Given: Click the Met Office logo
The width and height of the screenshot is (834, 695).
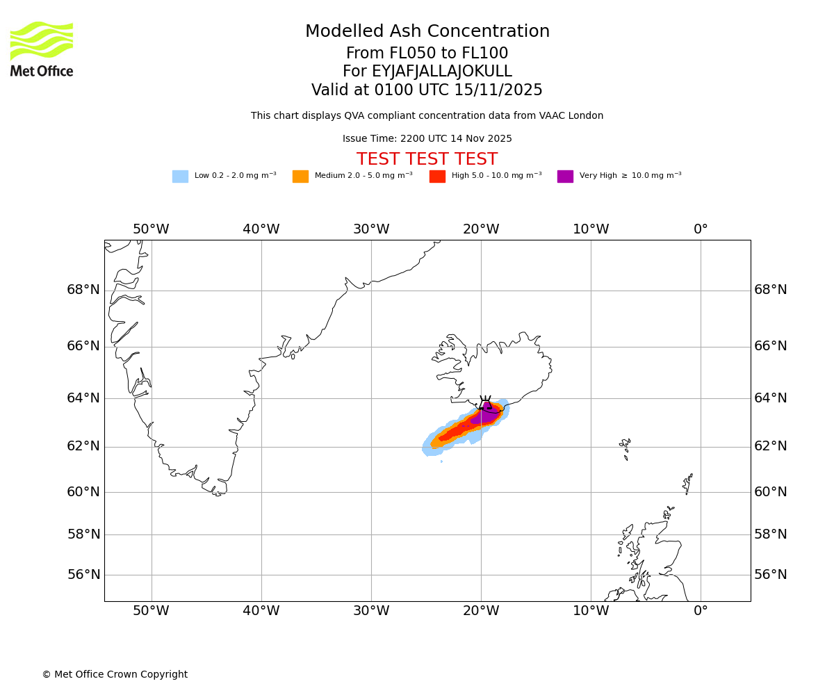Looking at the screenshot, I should pyautogui.click(x=42, y=49).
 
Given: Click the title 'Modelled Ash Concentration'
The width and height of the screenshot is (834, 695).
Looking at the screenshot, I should pyautogui.click(x=427, y=32).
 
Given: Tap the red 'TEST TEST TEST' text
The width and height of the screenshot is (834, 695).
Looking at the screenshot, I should pyautogui.click(x=427, y=160).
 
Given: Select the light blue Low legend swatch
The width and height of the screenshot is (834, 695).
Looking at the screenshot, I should pyautogui.click(x=180, y=177).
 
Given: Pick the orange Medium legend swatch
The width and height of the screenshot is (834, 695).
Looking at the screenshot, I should pyautogui.click(x=300, y=177).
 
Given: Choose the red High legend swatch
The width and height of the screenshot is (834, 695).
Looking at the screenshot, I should pyautogui.click(x=437, y=177).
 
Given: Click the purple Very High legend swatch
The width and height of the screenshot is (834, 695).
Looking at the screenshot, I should pyautogui.click(x=565, y=177).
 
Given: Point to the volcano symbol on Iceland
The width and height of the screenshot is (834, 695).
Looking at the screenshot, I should pyautogui.click(x=485, y=403).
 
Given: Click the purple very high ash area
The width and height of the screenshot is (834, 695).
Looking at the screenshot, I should pyautogui.click(x=485, y=415).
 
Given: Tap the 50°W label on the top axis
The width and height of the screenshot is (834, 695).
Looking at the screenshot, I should pyautogui.click(x=151, y=229).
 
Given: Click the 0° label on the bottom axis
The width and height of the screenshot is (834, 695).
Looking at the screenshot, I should pyautogui.click(x=701, y=611).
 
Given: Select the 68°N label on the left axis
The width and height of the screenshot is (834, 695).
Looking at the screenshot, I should pyautogui.click(x=83, y=290).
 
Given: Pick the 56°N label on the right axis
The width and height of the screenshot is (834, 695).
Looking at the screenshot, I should pyautogui.click(x=771, y=575).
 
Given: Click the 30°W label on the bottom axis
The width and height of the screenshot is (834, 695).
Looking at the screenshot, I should pyautogui.click(x=371, y=611).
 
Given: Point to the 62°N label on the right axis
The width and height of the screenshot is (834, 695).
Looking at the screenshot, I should pyautogui.click(x=771, y=446).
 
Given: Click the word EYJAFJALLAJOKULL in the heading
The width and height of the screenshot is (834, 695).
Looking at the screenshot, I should pyautogui.click(x=442, y=72).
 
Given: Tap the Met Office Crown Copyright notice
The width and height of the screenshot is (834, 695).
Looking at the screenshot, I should pyautogui.click(x=115, y=675).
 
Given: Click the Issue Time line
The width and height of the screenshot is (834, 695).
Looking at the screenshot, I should pyautogui.click(x=427, y=139).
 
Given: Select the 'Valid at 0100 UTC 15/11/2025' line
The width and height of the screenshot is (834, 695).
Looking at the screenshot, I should pyautogui.click(x=427, y=90).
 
